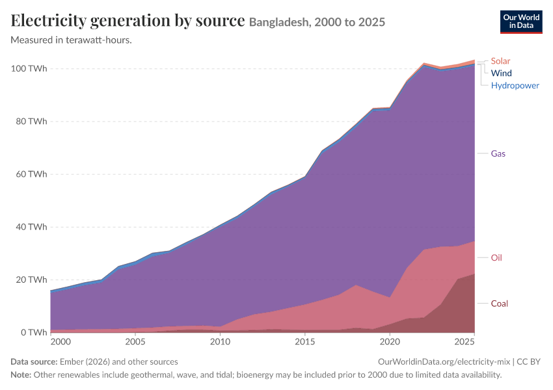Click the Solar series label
pos(500,61)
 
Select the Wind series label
pos(501,73)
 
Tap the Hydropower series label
pos(515,86)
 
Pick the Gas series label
pos(498,153)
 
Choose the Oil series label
pos(496,258)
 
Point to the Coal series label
pos(500,304)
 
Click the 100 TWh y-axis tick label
pos(29,68)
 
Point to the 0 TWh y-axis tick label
pos(34,333)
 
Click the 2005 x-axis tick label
pos(135,342)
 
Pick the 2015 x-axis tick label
pos(304,342)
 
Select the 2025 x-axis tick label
pos(465,342)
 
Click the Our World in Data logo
pos(521,22)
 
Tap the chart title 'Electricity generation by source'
pos(128,20)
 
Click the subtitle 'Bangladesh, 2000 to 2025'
pos(317,22)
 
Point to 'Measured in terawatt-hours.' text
pos(72,40)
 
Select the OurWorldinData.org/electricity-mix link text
pos(444,362)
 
